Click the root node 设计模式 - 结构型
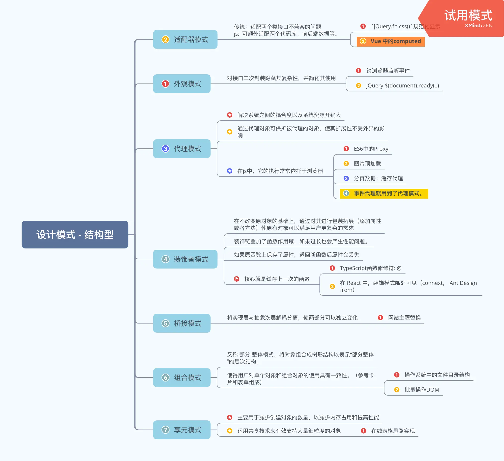click(75, 234)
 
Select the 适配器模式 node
click(185, 39)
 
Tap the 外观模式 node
click(181, 84)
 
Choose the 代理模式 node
click(181, 149)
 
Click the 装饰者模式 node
click(185, 259)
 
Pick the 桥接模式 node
click(181, 323)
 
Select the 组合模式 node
click(181, 378)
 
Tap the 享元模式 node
click(181, 430)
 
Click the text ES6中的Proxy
click(371, 149)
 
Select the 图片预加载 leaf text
click(367, 164)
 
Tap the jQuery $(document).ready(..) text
click(402, 86)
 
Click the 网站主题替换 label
click(404, 318)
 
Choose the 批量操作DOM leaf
click(421, 390)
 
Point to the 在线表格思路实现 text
click(393, 431)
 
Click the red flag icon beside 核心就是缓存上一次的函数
click(237, 279)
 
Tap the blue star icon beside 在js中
click(230, 171)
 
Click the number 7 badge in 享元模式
click(165, 430)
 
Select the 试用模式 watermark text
click(468, 16)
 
